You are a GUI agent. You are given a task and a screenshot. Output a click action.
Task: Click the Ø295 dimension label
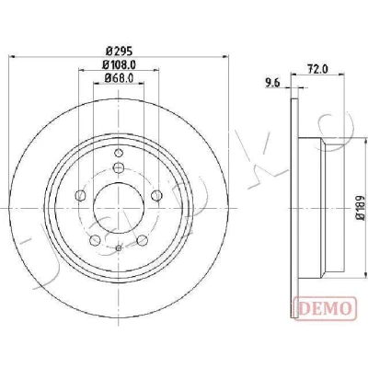click(119, 51)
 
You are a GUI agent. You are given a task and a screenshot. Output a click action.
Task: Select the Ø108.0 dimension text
click(119, 64)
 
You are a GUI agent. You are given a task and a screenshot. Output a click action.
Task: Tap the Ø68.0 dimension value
click(119, 78)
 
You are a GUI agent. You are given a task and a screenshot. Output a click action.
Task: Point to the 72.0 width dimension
click(317, 70)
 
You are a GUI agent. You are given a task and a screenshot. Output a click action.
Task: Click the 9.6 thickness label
click(273, 83)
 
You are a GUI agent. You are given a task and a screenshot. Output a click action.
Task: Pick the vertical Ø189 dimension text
click(361, 208)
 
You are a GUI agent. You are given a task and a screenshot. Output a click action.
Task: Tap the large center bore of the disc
click(119, 208)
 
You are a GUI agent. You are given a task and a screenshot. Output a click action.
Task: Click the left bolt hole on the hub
click(80, 195)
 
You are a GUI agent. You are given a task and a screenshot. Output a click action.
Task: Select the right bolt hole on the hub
click(157, 195)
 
